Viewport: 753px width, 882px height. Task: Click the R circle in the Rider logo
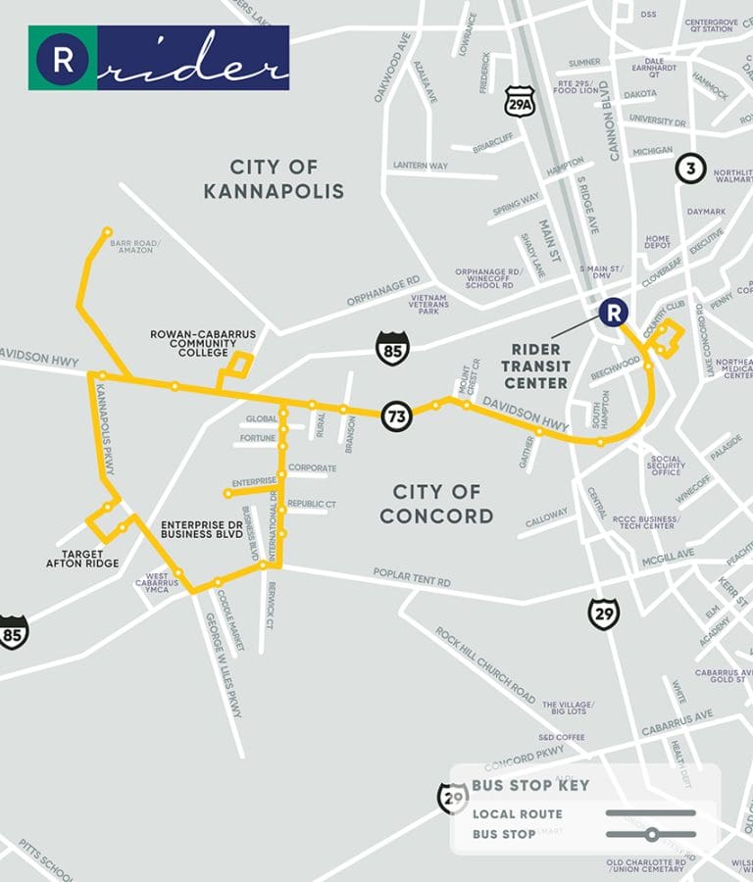pyautogui.click(x=63, y=58)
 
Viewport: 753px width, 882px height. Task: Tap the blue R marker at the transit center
pyautogui.click(x=613, y=313)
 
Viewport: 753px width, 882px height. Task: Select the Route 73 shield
pyautogui.click(x=397, y=416)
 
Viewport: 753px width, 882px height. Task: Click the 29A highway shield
pyautogui.click(x=520, y=101)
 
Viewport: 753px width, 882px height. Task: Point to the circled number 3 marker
pyautogui.click(x=690, y=169)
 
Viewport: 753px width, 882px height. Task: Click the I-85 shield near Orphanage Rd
pyautogui.click(x=392, y=348)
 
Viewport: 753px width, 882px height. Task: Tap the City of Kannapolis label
pyautogui.click(x=274, y=178)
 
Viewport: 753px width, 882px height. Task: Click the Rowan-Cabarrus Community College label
pyautogui.click(x=202, y=344)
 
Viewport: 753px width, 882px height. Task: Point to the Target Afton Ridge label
pyautogui.click(x=82, y=558)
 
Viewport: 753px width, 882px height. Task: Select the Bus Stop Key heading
pyautogui.click(x=530, y=785)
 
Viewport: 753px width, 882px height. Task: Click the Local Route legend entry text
pyautogui.click(x=517, y=813)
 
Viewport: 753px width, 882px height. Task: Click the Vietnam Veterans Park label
pyautogui.click(x=429, y=304)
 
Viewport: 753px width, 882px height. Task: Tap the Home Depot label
pyautogui.click(x=657, y=243)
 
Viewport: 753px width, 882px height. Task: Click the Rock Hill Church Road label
pyautogui.click(x=485, y=665)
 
